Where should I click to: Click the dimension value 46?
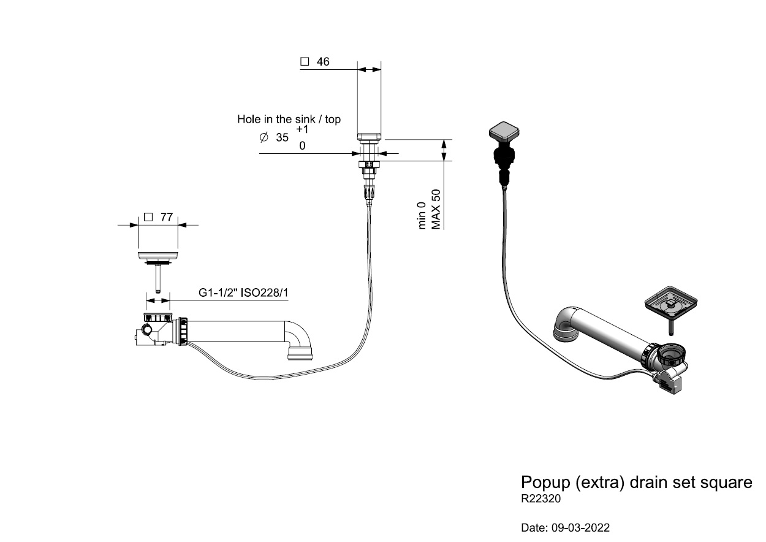pyautogui.click(x=323, y=62)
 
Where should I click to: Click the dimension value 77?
pyautogui.click(x=166, y=217)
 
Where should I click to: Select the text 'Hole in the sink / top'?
pyautogui.click(x=289, y=119)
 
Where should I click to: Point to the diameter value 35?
pyautogui.click(x=282, y=138)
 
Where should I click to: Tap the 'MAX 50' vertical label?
pyautogui.click(x=436, y=209)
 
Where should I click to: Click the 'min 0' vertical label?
pyautogui.click(x=422, y=215)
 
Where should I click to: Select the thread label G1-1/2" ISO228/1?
pyautogui.click(x=243, y=293)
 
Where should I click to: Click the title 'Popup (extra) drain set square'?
pyautogui.click(x=636, y=482)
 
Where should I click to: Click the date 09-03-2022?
pyautogui.click(x=582, y=527)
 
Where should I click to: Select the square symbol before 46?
pyautogui.click(x=304, y=62)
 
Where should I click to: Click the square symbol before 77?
pyautogui.click(x=148, y=217)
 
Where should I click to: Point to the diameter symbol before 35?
pyautogui.click(x=264, y=138)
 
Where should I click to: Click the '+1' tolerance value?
pyautogui.click(x=302, y=129)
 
